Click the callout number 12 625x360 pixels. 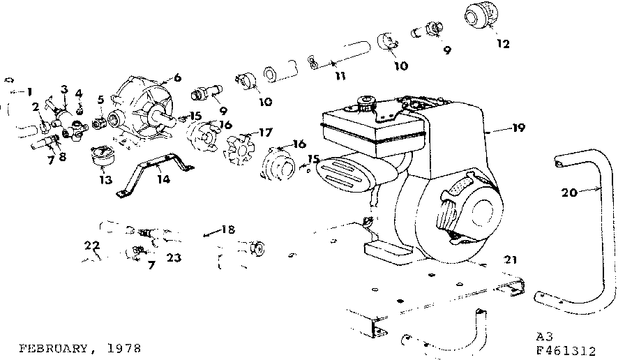click(x=503, y=44)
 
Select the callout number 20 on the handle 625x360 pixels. click(x=568, y=193)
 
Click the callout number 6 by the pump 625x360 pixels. click(x=177, y=79)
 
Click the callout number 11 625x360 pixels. click(x=340, y=75)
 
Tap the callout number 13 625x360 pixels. click(x=105, y=180)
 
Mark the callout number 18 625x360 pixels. click(x=228, y=229)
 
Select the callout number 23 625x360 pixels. click(x=174, y=257)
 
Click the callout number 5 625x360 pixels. click(x=101, y=100)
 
